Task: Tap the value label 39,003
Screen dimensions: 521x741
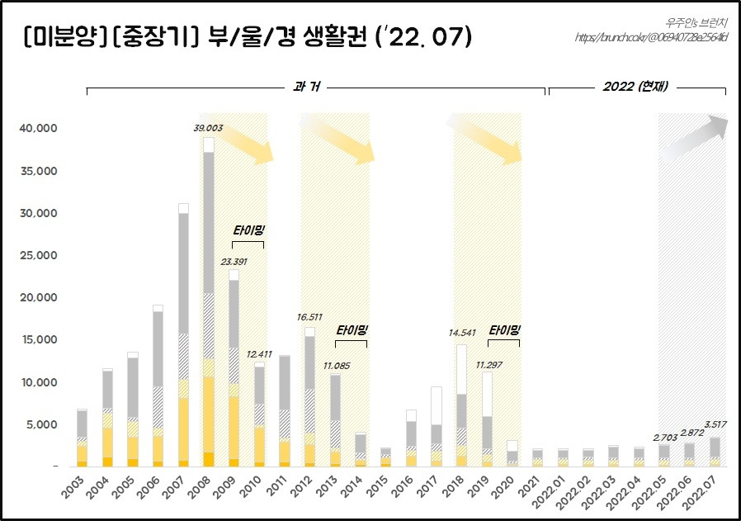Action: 207,128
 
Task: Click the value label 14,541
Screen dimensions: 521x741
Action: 460,334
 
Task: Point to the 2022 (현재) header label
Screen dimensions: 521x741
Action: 635,86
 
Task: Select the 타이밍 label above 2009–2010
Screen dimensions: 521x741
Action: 248,230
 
